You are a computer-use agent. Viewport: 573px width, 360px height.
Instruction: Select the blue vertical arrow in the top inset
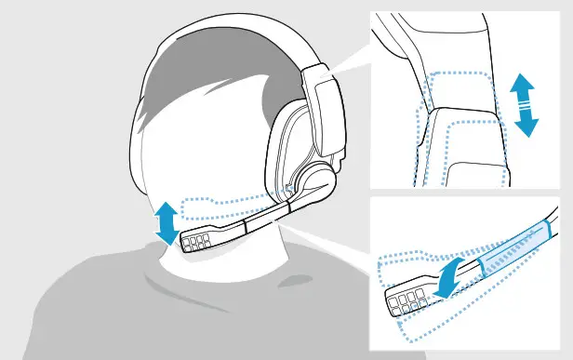(x=526, y=107)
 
